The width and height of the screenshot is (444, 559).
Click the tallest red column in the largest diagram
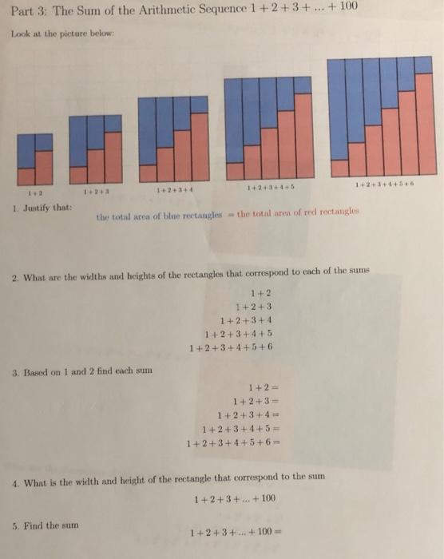(424, 125)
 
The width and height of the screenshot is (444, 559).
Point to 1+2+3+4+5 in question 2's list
(239, 335)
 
